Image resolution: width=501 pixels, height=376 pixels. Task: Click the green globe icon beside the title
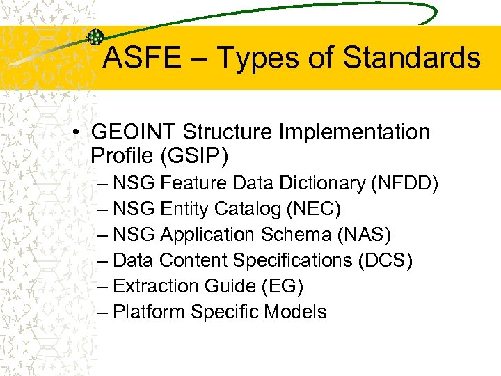point(96,38)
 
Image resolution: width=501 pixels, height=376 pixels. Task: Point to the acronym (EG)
point(282,286)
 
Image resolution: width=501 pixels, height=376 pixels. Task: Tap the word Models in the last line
point(295,312)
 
